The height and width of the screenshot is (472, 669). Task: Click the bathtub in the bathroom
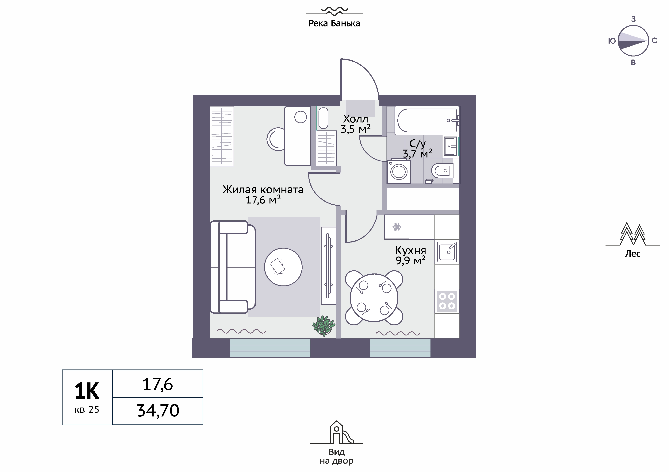[x=427, y=120]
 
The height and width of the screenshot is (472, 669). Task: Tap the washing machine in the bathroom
[x=399, y=171]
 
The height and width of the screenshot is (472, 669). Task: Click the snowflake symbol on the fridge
[x=397, y=227]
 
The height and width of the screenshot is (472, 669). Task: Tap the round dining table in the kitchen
[x=374, y=298]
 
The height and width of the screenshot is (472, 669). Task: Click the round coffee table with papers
[x=283, y=267]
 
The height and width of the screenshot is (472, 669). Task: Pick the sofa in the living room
[x=233, y=267]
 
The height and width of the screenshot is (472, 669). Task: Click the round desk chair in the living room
[x=276, y=139]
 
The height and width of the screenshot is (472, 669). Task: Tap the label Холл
[x=355, y=119]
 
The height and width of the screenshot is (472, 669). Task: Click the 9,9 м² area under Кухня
[x=410, y=260]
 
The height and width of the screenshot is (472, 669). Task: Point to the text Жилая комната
[x=263, y=190]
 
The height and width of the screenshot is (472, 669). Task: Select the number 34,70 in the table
[x=158, y=411]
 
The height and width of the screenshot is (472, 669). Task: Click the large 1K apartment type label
[x=87, y=391]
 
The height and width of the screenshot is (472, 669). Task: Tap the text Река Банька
[x=334, y=23]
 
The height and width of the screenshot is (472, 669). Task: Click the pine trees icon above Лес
[x=633, y=234]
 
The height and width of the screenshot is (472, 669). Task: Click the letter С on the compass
[x=654, y=41]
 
